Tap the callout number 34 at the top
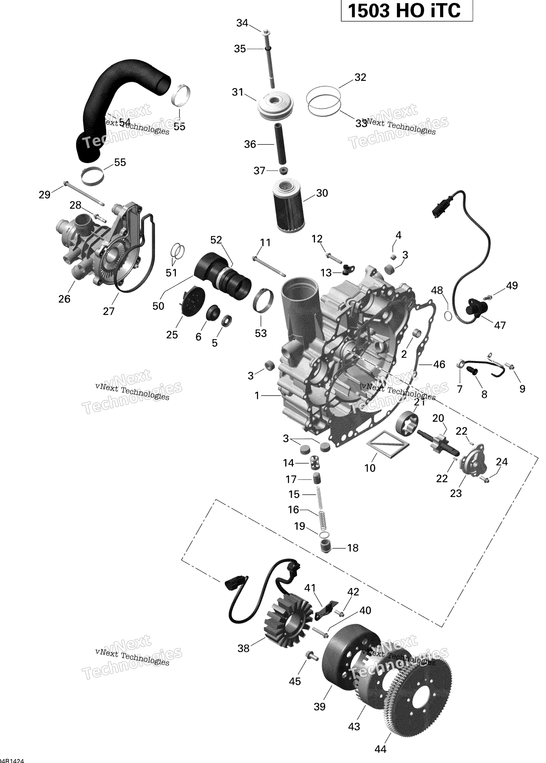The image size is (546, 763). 242,23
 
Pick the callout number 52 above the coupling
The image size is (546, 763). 216,240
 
